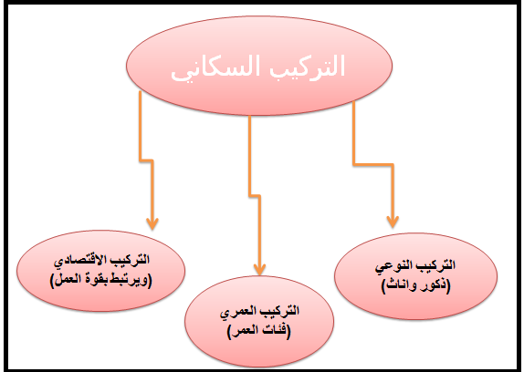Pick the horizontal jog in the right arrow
(371, 164)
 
